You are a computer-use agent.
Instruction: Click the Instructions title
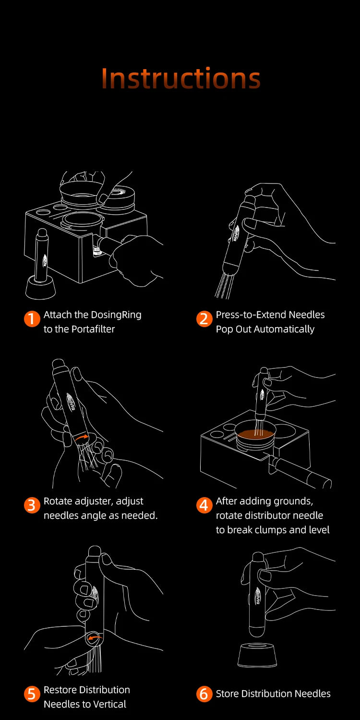[181, 79]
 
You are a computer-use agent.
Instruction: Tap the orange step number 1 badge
[31, 319]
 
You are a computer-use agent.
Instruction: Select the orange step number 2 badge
[204, 319]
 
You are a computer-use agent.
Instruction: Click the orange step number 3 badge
[31, 506]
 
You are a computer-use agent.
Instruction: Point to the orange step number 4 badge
[204, 506]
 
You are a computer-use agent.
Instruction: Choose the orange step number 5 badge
[31, 694]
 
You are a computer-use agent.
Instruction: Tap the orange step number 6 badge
[204, 694]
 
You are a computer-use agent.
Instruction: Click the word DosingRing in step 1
[115, 315]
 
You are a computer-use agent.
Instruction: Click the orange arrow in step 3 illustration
[83, 437]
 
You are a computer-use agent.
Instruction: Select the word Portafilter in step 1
[91, 329]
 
